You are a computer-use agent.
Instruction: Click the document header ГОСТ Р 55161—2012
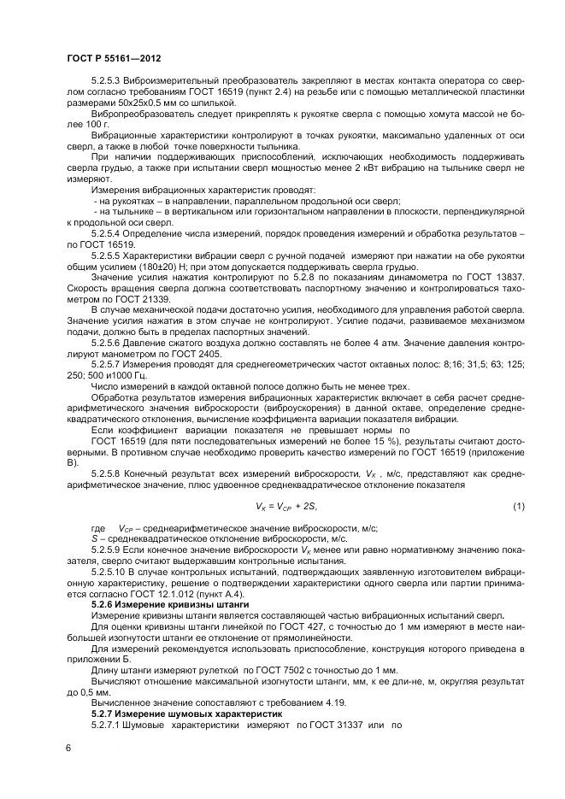[x=113, y=56]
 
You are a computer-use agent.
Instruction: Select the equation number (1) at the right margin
[x=518, y=507]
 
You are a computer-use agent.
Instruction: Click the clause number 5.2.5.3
[x=109, y=80]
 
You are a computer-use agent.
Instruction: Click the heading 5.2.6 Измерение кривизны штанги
[x=151, y=603]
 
